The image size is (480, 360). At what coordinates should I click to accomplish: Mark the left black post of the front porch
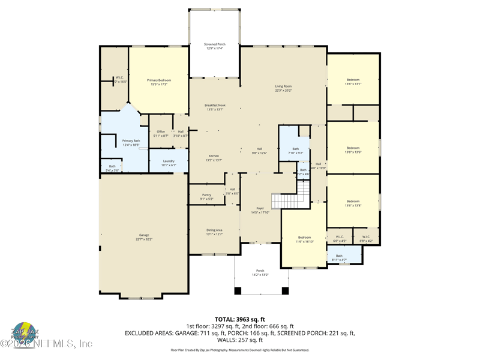(238, 291)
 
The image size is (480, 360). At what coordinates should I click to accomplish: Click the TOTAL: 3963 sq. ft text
(239, 319)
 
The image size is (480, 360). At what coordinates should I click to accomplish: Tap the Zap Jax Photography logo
(25, 332)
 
